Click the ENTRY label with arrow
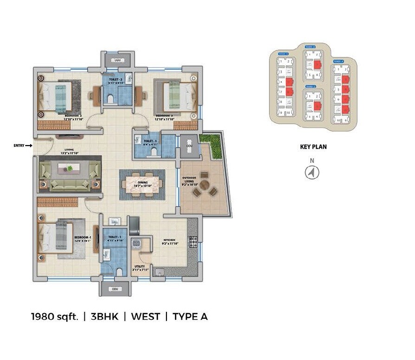pyautogui.click(x=23, y=145)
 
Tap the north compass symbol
pyautogui.click(x=312, y=173)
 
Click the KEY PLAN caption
pyautogui.click(x=313, y=147)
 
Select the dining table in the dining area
pyautogui.click(x=142, y=184)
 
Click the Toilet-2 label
pyautogui.click(x=115, y=80)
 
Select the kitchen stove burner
pyautogui.click(x=192, y=241)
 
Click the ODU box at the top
pyautogui.click(x=118, y=60)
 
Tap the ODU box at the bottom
pyautogui.click(x=115, y=289)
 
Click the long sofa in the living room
pyautogui.click(x=70, y=185)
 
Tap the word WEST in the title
pyautogui.click(x=146, y=317)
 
